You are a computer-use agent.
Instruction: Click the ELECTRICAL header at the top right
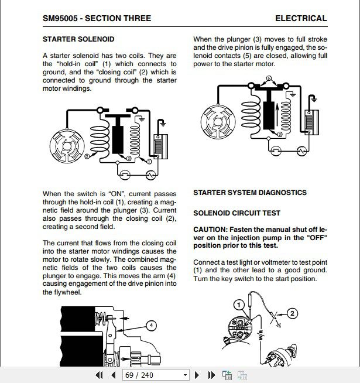click(x=301, y=18)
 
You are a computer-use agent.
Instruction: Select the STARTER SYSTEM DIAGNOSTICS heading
click(x=250, y=192)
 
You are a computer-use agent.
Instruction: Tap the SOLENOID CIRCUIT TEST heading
click(x=236, y=213)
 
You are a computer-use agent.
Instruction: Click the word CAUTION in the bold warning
click(x=210, y=230)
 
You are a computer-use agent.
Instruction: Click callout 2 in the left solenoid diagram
click(x=87, y=156)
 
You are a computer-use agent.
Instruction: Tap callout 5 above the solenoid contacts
click(x=269, y=78)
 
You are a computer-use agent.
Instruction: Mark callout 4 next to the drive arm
click(x=150, y=326)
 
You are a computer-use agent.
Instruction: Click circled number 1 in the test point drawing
click(x=238, y=305)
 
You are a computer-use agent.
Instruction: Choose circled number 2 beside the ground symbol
click(x=292, y=313)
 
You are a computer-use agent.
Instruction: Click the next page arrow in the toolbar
click(x=197, y=375)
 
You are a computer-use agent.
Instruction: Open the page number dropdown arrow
click(x=185, y=375)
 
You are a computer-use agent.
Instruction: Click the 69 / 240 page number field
click(x=151, y=375)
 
